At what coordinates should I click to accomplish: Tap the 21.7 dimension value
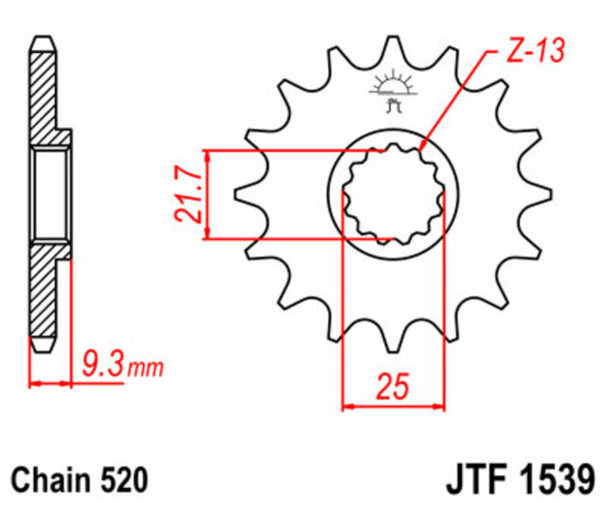pos(189,195)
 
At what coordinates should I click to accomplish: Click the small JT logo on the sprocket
pos(393,92)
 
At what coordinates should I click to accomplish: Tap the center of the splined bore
pos(394,193)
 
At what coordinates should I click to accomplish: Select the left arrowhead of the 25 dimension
pos(350,406)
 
